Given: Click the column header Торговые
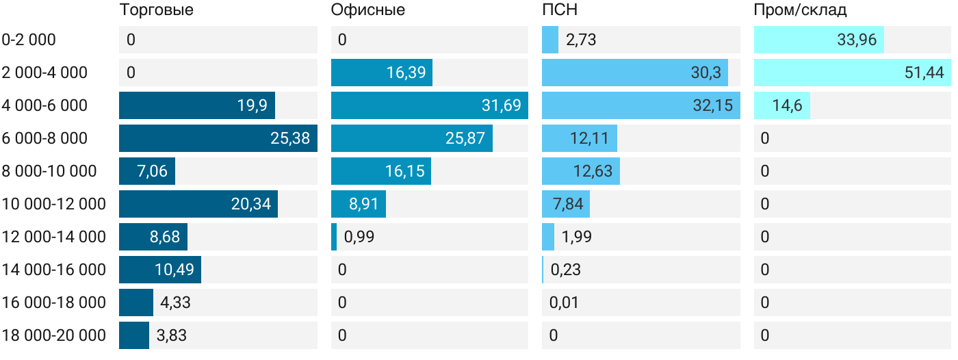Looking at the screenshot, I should [156, 10].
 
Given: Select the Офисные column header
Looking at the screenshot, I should [367, 10].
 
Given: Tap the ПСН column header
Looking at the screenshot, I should [560, 10].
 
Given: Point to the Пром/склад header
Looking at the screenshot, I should [800, 10].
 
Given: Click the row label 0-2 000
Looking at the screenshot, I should [29, 40].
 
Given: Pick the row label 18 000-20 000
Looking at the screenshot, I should [54, 335].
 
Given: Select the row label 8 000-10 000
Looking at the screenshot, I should [49, 171].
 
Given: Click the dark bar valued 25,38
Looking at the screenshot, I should [218, 138].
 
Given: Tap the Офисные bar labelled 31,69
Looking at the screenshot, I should [429, 105].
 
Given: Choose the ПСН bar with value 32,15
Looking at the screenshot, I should [640, 105].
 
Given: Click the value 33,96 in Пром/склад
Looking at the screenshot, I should [856, 40].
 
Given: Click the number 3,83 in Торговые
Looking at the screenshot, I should [171, 335].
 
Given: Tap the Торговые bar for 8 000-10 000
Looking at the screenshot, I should [146, 171].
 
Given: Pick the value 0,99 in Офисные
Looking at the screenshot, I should [359, 237].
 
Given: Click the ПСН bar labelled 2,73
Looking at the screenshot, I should [550, 40].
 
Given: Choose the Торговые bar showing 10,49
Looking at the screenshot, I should [159, 270].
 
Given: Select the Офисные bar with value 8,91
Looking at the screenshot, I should [358, 204].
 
